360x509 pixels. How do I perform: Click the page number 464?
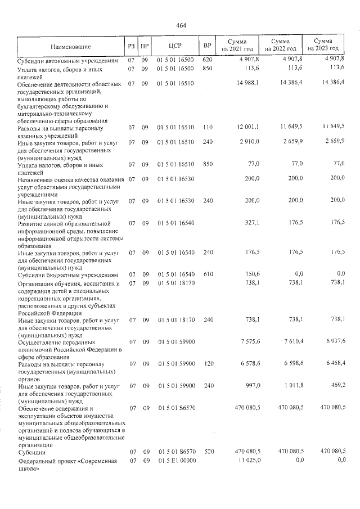[181, 25]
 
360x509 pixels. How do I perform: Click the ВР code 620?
[206, 59]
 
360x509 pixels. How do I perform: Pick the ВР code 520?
[206, 452]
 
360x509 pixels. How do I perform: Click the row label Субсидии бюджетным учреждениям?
[67, 274]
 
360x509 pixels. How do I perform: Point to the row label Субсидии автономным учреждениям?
[67, 60]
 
